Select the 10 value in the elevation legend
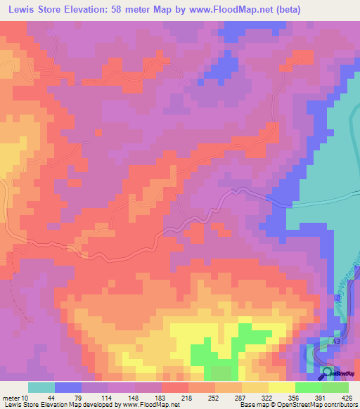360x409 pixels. pyautogui.click(x=26, y=396)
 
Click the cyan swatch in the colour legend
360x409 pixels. pyautogui.click(x=41, y=387)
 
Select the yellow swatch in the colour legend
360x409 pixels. pyautogui.click(x=281, y=387)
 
